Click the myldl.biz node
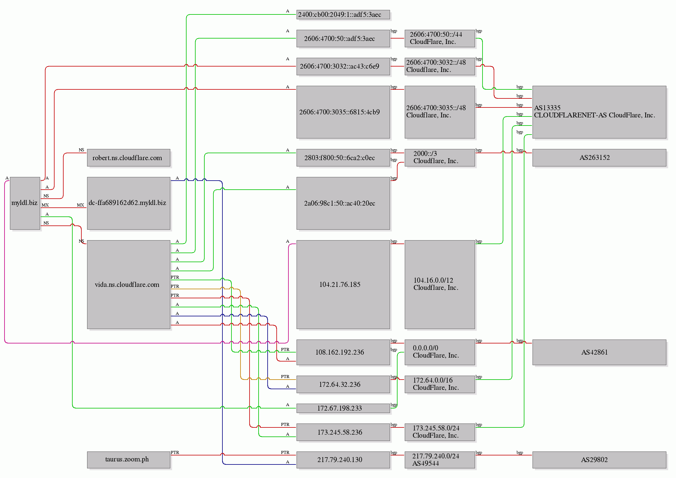click(25, 203)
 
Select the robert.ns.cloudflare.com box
click(128, 158)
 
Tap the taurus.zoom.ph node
click(128, 460)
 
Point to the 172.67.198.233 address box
click(343, 408)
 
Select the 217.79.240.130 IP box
click(343, 460)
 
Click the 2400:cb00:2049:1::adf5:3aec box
click(343, 14)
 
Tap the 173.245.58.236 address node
click(343, 432)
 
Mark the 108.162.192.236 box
click(343, 352)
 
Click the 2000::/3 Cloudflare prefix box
click(439, 158)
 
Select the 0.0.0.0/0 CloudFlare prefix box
click(439, 352)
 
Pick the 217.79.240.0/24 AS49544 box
click(439, 460)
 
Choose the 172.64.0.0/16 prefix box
click(439, 384)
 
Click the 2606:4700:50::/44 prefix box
click(439, 38)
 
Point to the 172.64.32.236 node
click(343, 384)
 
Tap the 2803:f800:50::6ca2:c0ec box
click(343, 158)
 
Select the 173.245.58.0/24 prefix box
click(439, 432)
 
